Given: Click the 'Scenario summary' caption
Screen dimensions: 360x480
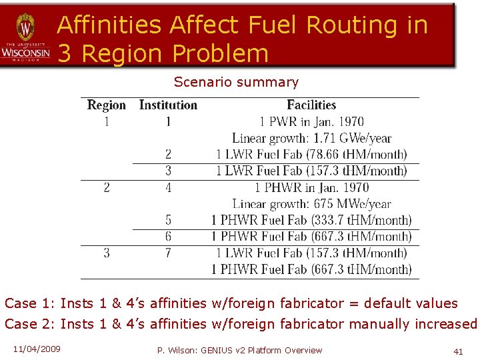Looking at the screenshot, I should tap(236, 83).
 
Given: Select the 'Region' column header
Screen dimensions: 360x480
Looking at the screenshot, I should tap(107, 105).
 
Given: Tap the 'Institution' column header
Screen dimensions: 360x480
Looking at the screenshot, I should tap(168, 105).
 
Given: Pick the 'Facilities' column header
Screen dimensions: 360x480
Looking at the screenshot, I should tap(311, 105).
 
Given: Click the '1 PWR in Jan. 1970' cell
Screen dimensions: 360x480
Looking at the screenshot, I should tap(311, 122).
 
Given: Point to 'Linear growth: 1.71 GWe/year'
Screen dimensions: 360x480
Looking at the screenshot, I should tap(311, 139).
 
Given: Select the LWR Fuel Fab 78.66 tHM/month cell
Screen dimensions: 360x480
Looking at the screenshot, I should tap(311, 155).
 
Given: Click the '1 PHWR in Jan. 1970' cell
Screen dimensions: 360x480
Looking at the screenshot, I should tap(311, 188).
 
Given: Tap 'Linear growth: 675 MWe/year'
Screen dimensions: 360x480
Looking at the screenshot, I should tap(311, 204).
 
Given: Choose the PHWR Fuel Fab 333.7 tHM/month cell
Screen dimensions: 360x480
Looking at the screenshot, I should tap(311, 220).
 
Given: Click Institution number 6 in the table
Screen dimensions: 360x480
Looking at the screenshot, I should tap(168, 237).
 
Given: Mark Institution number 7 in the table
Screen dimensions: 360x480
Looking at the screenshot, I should tap(168, 253).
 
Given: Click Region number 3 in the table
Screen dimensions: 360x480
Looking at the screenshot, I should tap(107, 253).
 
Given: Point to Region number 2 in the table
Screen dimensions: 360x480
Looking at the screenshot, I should tap(107, 188).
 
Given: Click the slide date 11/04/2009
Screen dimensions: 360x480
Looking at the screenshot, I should tap(37, 349).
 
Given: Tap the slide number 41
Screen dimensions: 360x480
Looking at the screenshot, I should tap(457, 351).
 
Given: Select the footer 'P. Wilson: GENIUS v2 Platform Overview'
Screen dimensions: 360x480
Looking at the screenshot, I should tap(239, 351).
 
